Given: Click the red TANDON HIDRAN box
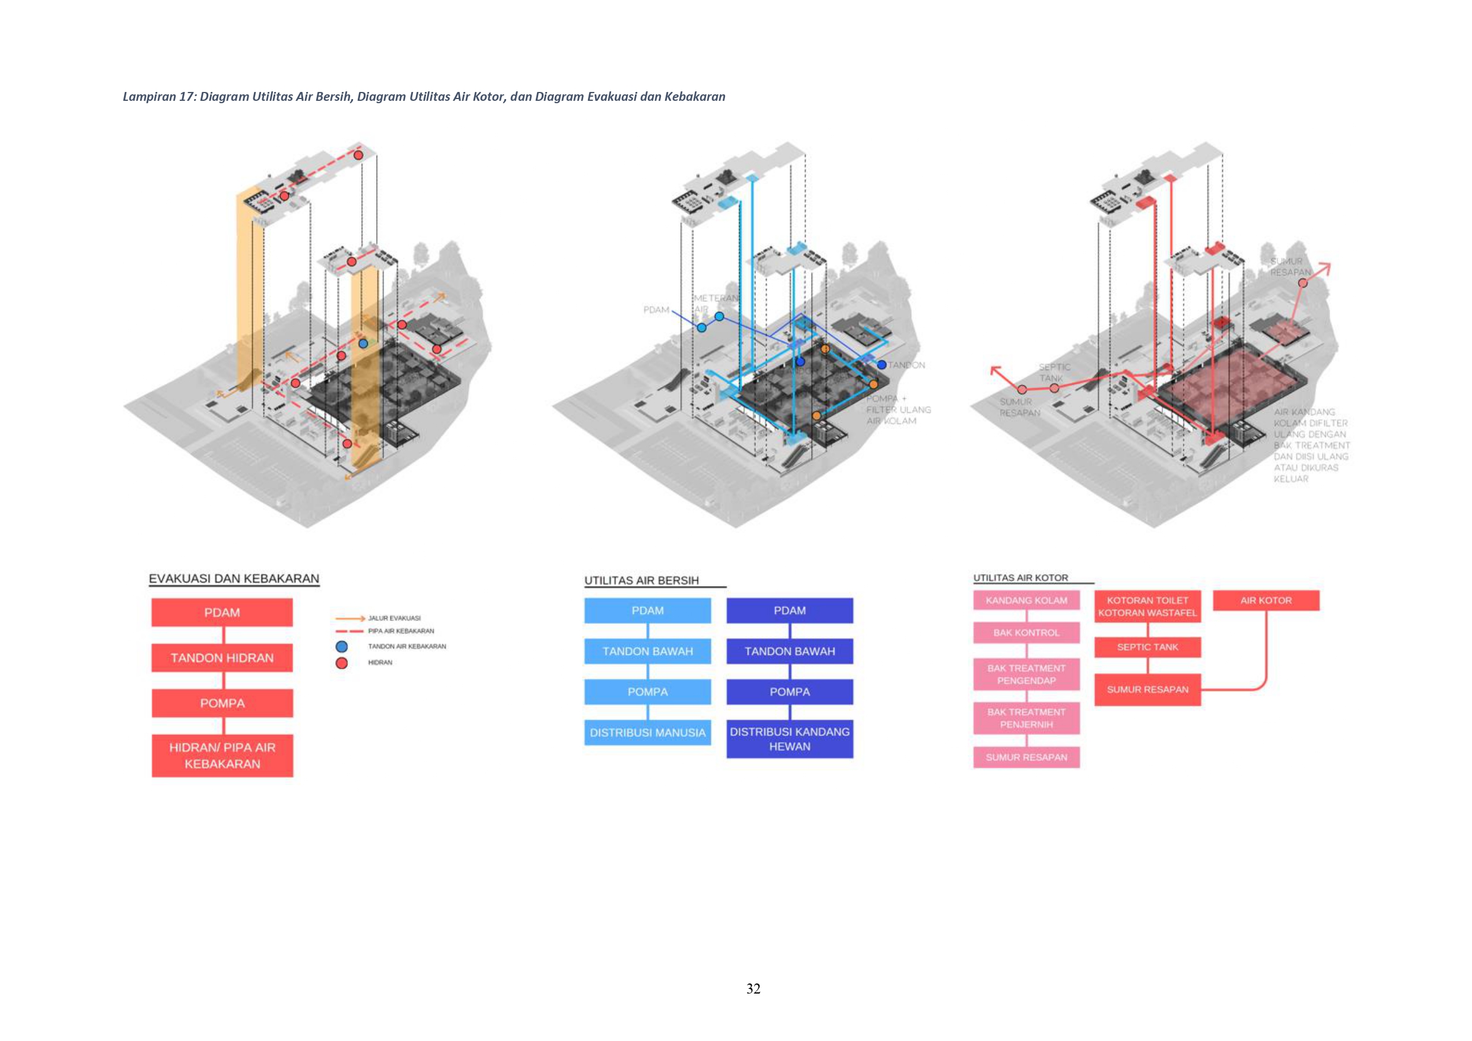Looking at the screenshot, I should coord(222,658).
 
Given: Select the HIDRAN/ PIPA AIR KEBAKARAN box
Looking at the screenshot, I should coord(222,756).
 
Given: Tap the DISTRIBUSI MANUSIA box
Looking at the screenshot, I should coord(647,732).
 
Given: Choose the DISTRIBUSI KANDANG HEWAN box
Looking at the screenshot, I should coord(789,739).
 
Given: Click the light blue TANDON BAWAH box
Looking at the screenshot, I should coord(647,651).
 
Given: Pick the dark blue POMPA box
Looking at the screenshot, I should coord(789,692).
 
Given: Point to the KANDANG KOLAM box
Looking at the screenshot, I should coord(1026,601).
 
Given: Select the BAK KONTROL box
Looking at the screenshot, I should coord(1026,633).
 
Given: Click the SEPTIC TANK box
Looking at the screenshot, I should coord(1147,647).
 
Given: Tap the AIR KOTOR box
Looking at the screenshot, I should coord(1266,601).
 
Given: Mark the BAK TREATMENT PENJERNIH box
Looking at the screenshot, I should coord(1026,718).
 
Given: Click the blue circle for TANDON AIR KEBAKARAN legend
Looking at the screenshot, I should coord(342,646).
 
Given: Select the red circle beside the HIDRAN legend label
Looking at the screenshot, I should coord(342,663).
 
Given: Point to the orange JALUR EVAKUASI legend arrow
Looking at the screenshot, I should coord(350,619).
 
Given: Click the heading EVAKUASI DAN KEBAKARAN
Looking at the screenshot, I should coord(234,578).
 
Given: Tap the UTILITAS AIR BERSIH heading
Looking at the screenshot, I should coord(641,580).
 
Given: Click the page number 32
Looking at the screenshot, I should coord(754,988).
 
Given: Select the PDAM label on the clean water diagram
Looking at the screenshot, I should coord(656,310).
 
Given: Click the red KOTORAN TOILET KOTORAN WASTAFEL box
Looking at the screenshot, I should coord(1147,606).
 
